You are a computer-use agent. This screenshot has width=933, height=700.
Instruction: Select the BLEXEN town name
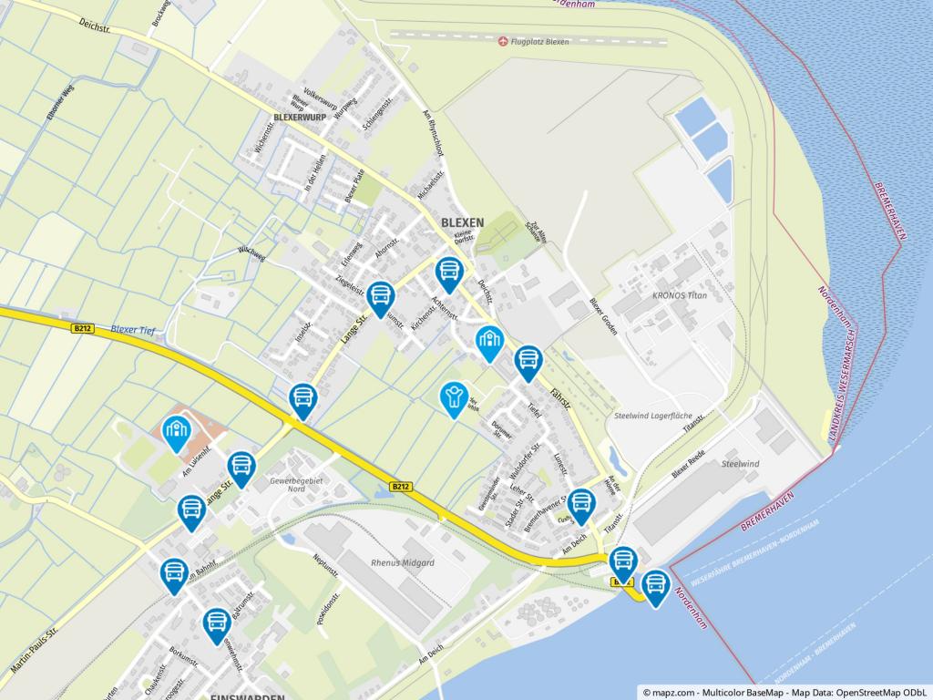click(462, 221)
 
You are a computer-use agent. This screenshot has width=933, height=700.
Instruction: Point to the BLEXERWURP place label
click(299, 118)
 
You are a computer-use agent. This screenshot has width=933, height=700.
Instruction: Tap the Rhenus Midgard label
click(403, 562)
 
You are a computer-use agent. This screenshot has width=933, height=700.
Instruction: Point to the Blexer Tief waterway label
click(135, 330)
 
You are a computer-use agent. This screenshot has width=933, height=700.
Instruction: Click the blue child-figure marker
click(452, 398)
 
